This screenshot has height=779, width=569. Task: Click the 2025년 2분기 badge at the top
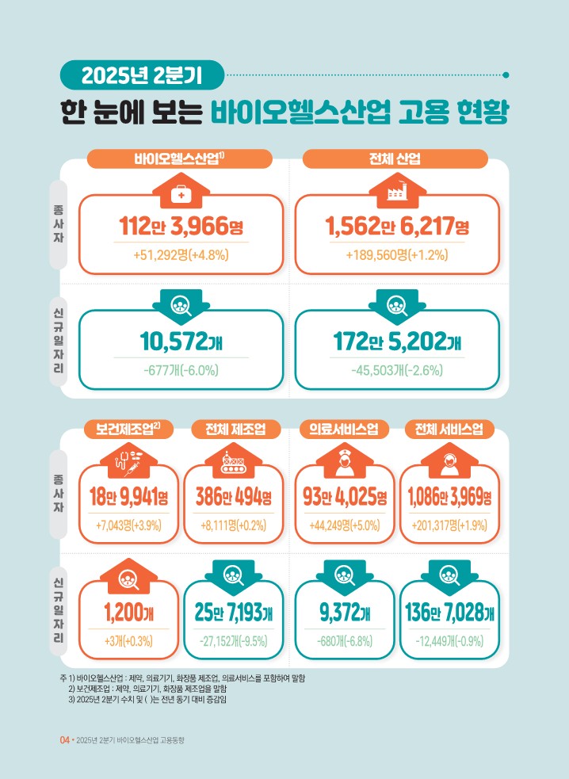(x=143, y=75)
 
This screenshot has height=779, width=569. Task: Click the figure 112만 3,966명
(x=181, y=228)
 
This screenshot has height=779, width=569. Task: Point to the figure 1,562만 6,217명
(x=397, y=228)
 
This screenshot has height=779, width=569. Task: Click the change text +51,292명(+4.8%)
(x=181, y=255)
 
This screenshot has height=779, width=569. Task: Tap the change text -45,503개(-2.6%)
(x=397, y=370)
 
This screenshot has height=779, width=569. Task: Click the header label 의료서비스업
(x=343, y=430)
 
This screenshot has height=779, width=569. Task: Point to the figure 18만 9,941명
(x=129, y=498)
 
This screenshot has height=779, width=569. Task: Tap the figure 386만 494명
(x=234, y=498)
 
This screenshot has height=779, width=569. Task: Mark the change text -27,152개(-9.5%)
(x=234, y=640)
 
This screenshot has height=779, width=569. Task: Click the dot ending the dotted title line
(x=506, y=76)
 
